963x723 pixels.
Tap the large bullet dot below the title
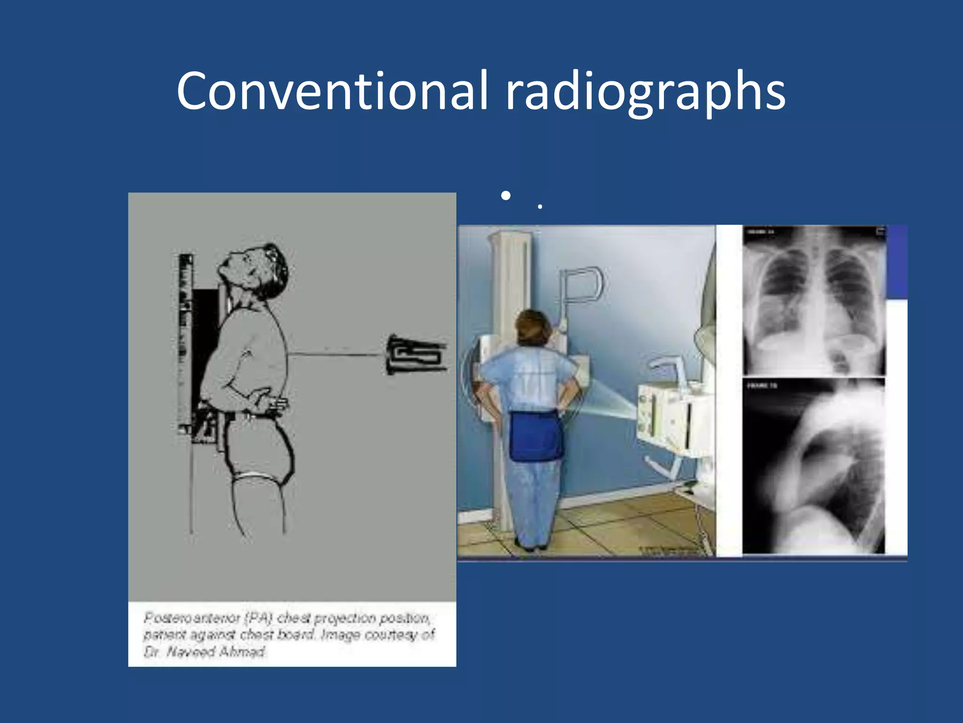pyautogui.click(x=505, y=195)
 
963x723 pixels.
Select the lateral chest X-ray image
pyautogui.click(x=813, y=466)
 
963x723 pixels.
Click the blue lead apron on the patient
pyautogui.click(x=536, y=435)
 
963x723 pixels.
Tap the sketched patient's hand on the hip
pyautogui.click(x=266, y=400)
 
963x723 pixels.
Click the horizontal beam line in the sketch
pyautogui.click(x=336, y=354)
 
